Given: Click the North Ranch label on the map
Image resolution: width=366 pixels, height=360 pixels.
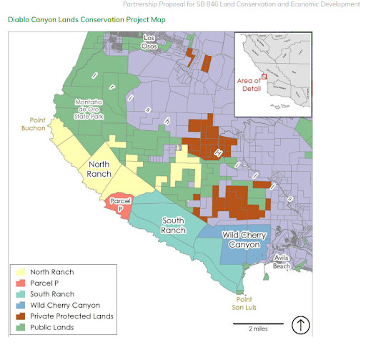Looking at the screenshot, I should coord(99,169).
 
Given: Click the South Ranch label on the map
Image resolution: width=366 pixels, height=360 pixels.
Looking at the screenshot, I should coord(174,225).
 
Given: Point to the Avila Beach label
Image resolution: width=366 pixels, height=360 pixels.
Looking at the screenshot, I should coord(282,263).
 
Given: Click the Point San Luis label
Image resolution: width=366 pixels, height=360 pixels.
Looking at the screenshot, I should coord(245,303).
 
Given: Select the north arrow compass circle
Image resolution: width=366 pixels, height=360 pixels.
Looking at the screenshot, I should coord(301,326).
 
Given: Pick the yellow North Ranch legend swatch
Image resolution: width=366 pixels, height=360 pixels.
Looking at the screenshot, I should coord(20,272).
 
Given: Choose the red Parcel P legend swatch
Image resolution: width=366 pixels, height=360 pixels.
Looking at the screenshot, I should coord(20,283).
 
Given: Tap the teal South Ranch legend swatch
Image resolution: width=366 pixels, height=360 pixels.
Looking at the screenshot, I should coord(20,294).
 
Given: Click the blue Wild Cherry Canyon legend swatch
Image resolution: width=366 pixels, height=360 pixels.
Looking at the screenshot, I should coord(20,306).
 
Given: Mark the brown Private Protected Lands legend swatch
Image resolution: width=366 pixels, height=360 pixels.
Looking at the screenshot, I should coord(20,316).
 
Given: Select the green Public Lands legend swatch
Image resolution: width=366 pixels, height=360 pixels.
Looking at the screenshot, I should coord(20,328).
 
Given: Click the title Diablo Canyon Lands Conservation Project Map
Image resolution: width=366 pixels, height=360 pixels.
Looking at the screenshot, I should coord(86,19).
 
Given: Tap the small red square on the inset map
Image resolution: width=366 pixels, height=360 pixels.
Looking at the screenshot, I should coord(264,76).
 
